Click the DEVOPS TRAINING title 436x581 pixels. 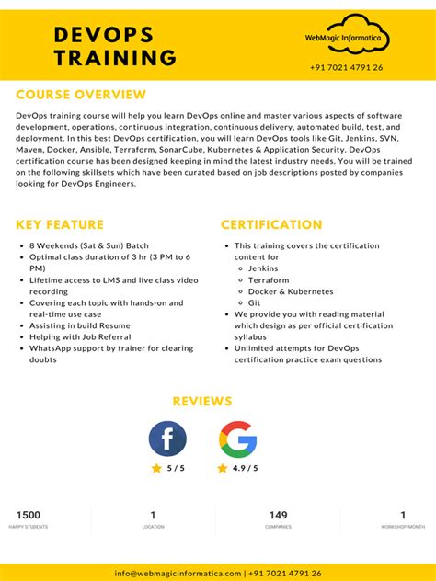click(x=115, y=46)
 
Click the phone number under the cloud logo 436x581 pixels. click(x=347, y=67)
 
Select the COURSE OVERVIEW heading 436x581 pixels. click(x=81, y=95)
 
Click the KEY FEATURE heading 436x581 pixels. click(x=60, y=224)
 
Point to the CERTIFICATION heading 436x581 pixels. click(x=271, y=224)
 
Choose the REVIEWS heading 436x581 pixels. click(x=202, y=402)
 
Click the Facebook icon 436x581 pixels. click(x=167, y=439)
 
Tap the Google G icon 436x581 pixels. click(x=237, y=439)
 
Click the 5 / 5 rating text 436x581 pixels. click(x=176, y=468)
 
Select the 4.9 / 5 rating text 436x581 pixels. click(x=244, y=468)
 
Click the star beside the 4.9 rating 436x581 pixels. click(x=223, y=468)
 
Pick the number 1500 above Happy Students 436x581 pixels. click(x=29, y=515)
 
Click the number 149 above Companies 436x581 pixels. click(x=278, y=515)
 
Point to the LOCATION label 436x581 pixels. click(x=153, y=527)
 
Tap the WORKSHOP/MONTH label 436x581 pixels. click(x=403, y=527)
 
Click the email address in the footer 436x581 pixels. click(x=178, y=573)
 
